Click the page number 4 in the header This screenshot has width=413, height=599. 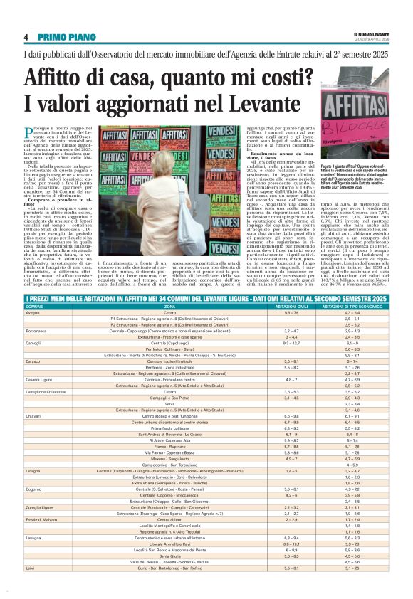tap(26, 37)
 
